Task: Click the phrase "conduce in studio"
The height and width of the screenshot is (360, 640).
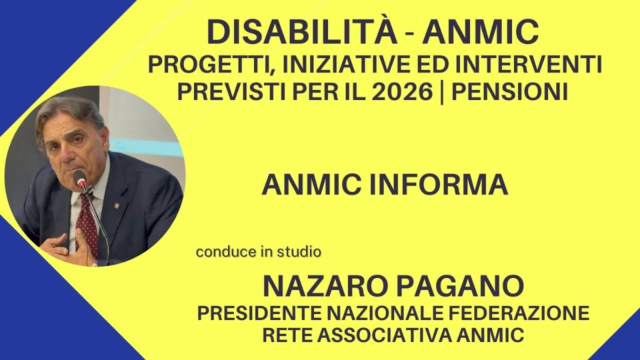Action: coord(258,252)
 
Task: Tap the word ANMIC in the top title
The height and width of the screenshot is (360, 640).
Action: coord(480,32)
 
